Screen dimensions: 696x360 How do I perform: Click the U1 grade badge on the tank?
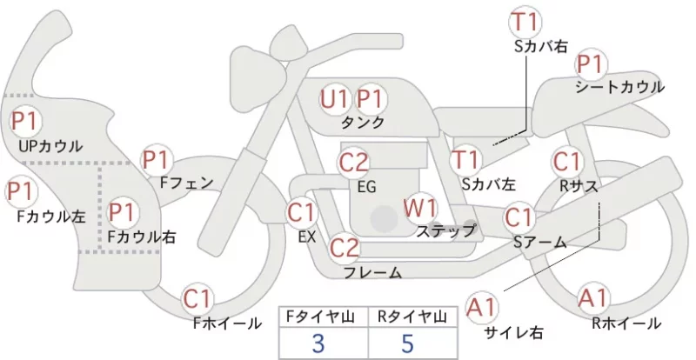335,99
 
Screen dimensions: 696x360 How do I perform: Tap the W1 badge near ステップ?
420,208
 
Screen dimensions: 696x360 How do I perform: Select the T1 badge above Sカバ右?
525,23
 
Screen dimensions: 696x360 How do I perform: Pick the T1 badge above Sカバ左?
465,160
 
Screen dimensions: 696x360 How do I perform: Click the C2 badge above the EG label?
353,163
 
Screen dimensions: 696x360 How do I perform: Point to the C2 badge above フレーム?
345,247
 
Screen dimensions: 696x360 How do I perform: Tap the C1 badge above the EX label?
302,213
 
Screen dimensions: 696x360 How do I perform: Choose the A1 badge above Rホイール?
592,298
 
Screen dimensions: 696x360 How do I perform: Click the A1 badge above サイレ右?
482,307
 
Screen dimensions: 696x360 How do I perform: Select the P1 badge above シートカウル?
591,65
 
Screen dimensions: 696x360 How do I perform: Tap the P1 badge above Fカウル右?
122,212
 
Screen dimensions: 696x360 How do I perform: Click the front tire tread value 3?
318,343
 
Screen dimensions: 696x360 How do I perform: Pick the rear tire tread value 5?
407,343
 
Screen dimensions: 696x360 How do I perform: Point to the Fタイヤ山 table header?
320,317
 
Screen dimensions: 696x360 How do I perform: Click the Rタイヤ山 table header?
412,317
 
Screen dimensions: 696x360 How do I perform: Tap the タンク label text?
362,122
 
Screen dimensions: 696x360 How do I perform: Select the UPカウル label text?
50,146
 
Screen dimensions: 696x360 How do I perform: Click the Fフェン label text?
186,183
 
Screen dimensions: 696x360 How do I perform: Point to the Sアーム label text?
540,242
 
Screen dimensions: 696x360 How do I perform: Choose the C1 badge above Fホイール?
197,299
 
